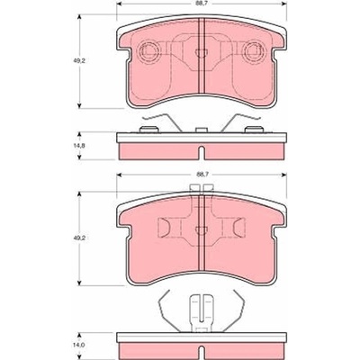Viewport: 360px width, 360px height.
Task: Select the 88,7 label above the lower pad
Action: coord(201,174)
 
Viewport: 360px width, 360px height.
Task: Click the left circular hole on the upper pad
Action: coord(148,50)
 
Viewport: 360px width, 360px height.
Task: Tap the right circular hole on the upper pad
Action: coord(254,50)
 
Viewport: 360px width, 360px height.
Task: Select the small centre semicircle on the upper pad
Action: coord(201,53)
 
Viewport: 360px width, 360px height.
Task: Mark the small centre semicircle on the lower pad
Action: coord(201,230)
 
